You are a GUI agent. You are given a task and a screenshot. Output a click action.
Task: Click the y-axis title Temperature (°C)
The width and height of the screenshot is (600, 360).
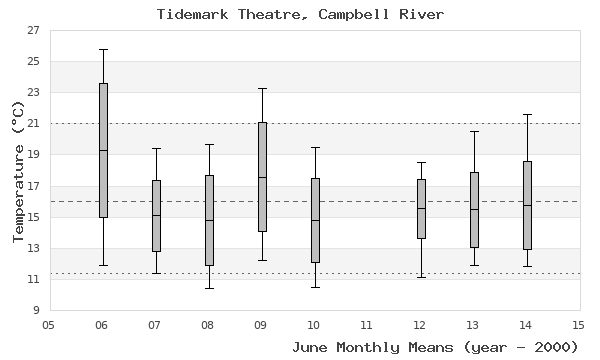17,170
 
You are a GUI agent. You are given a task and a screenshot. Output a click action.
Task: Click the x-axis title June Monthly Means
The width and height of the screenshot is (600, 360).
435,347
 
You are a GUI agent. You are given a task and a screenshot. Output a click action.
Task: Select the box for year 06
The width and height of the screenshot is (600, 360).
103,150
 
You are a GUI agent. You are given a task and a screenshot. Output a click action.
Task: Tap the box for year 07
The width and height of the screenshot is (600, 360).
156,215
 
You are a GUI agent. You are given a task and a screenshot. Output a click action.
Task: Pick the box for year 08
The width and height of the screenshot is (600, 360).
208,220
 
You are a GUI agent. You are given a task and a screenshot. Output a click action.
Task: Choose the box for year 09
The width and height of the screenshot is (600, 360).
262,176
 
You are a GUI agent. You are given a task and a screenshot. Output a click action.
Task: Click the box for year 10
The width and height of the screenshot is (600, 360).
315,220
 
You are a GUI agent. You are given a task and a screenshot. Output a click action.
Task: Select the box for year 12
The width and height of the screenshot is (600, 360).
421,208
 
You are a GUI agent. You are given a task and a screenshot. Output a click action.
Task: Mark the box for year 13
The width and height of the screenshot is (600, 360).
474,209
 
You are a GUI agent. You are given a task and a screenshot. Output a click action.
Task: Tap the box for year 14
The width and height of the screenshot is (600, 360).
527,205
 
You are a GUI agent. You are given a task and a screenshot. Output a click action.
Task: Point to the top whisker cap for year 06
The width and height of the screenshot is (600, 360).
103,49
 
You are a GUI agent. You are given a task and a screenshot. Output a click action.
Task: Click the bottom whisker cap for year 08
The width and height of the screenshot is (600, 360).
208,288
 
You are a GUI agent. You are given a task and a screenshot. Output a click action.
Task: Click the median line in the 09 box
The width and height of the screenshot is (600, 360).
262,177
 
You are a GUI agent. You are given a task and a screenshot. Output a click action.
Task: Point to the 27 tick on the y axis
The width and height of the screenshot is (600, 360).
33,30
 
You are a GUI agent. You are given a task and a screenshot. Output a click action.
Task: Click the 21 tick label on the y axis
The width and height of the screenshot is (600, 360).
33,124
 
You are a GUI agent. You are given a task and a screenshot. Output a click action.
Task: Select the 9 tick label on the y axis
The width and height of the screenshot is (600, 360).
36,311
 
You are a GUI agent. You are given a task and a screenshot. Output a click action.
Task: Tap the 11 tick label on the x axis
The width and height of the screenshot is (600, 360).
367,324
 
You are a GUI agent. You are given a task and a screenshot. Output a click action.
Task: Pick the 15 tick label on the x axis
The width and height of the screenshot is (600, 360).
578,324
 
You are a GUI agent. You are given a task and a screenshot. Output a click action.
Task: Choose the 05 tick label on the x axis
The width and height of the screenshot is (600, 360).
49,324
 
